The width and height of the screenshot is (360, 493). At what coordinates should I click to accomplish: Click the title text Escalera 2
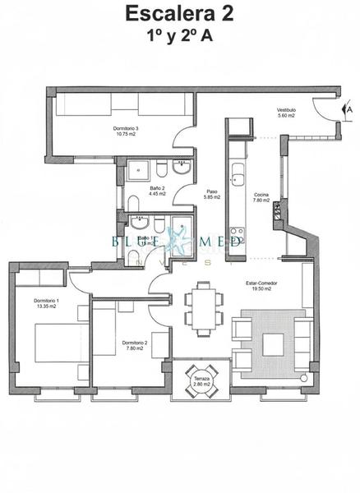click(179, 14)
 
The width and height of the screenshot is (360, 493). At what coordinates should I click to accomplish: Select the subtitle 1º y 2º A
click(179, 36)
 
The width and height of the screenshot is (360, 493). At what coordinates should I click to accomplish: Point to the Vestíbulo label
click(286, 110)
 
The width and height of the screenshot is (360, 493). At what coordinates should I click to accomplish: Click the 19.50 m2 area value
click(261, 289)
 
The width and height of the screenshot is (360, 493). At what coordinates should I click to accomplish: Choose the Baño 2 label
click(158, 188)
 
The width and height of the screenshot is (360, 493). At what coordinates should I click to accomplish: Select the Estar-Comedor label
click(261, 283)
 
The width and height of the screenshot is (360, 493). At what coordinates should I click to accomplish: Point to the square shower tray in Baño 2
click(136, 171)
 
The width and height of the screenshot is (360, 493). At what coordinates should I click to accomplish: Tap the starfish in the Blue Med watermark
click(179, 242)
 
